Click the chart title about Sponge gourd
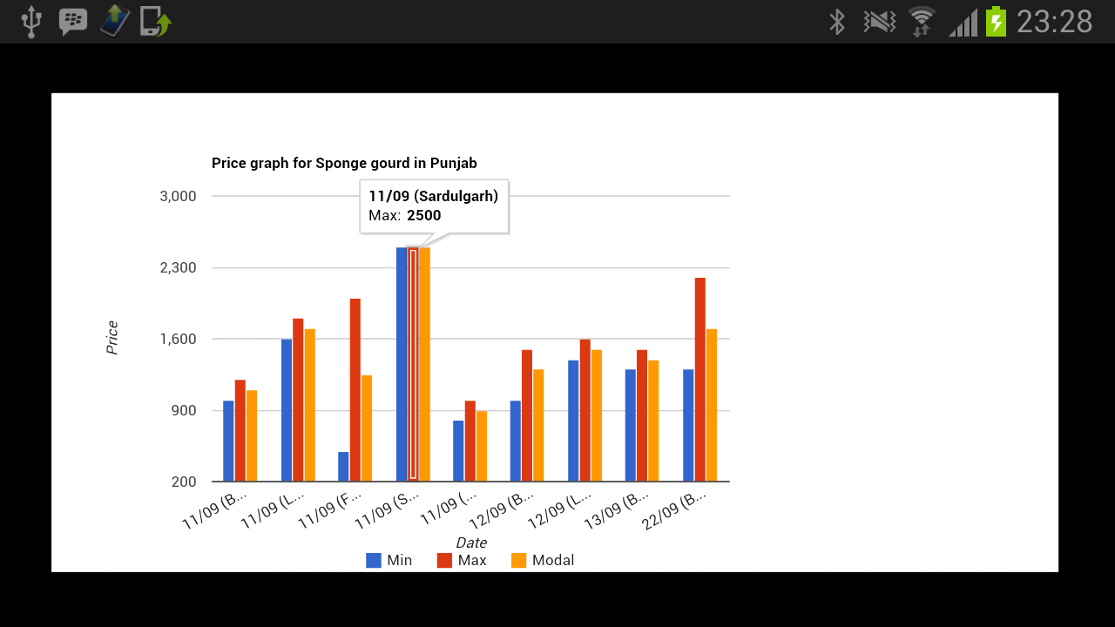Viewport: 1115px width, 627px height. [344, 163]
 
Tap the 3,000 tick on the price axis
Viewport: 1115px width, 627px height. [179, 196]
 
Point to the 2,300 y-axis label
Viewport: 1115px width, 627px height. [179, 267]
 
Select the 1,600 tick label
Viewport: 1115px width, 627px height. [179, 339]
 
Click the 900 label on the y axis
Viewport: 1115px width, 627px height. [185, 410]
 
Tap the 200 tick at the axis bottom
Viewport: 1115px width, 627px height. [185, 482]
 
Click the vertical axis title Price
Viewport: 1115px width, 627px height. [112, 338]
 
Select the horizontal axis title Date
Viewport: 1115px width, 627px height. [470, 543]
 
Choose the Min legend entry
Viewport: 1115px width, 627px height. [389, 560]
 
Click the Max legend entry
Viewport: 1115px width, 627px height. [462, 560]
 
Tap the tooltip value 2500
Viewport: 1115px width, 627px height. [424, 215]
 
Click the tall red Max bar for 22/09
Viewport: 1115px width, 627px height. [699, 379]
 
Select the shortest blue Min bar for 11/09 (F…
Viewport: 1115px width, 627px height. [343, 467]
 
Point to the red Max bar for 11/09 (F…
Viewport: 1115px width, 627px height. [355, 389]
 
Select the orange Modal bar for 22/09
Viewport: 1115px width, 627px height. [711, 405]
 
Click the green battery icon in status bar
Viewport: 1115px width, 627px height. [996, 21]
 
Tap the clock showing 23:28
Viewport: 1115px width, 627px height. [1054, 21]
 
